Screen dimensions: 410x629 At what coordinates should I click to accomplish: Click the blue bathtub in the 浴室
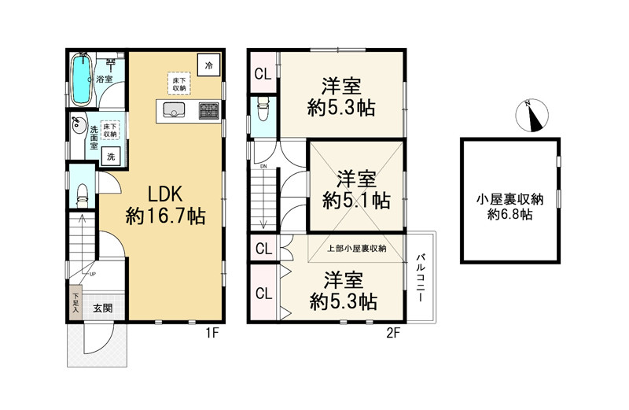coord(81,80)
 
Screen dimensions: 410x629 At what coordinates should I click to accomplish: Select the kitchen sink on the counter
coord(174,112)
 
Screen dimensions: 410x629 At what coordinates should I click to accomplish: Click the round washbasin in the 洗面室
coord(77,124)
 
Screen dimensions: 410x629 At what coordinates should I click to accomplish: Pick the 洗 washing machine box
coord(111,157)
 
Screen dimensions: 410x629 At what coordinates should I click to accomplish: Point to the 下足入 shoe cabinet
coord(75,301)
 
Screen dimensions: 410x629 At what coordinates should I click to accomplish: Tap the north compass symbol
coord(534,117)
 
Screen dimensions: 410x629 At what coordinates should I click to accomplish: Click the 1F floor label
coord(212,334)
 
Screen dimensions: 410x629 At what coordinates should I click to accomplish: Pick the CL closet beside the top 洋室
coord(263,74)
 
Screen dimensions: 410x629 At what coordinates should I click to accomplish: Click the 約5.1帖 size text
coord(356,201)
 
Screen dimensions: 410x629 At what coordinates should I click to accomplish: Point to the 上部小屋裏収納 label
coord(357,249)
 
